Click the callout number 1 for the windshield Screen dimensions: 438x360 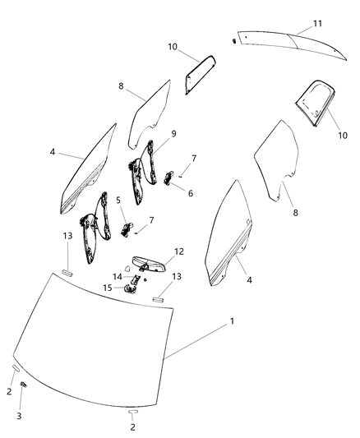pyautogui.click(x=232, y=320)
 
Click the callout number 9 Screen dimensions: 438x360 pyautogui.click(x=173, y=134)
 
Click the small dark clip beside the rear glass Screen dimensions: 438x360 pyautogui.click(x=235, y=40)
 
